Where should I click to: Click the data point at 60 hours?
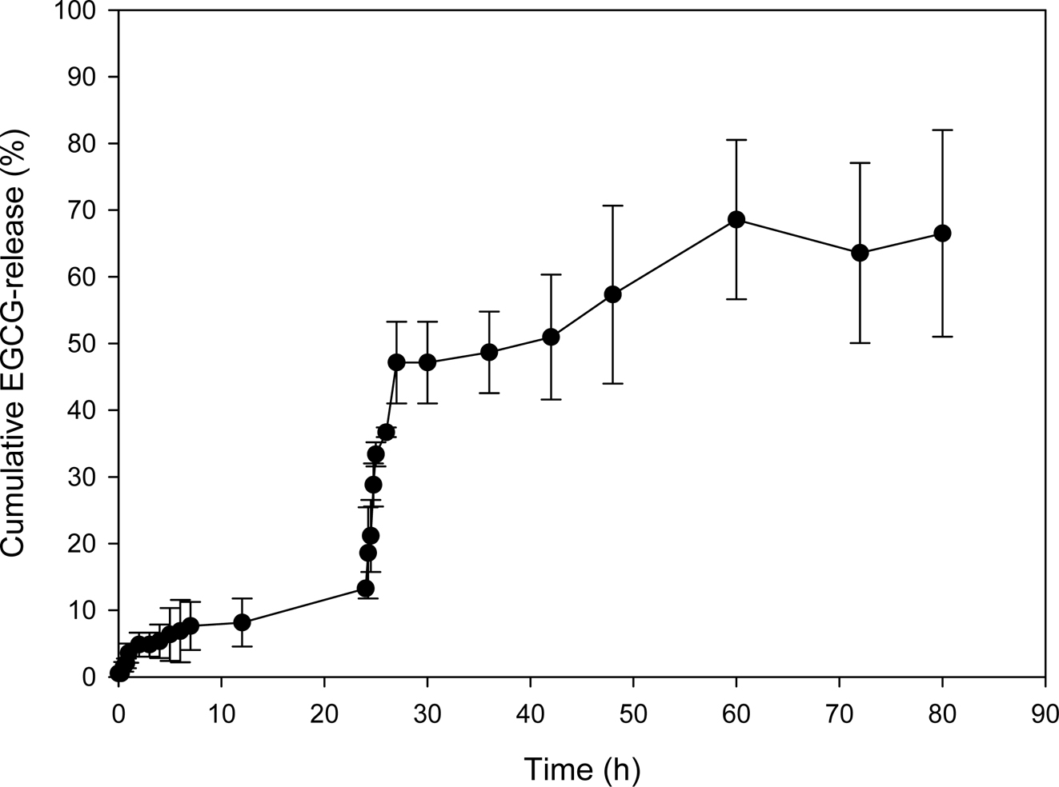[736, 219]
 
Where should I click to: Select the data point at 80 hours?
[942, 233]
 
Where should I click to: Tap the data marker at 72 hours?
[860, 253]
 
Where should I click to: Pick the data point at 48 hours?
[613, 294]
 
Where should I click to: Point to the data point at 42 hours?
[551, 337]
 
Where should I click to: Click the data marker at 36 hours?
[489, 352]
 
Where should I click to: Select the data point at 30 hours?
[427, 362]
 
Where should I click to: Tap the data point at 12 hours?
[242, 621]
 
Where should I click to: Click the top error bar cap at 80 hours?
[942, 130]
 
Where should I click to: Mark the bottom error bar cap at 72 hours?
[860, 343]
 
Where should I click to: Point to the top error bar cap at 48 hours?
[613, 206]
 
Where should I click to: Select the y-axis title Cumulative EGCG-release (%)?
[18, 344]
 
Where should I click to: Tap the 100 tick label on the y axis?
[84, 11]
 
